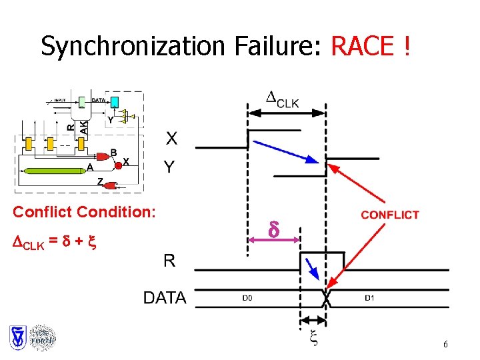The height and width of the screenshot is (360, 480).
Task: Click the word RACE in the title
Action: pos(363,46)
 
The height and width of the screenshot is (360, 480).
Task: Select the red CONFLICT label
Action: pos(390,215)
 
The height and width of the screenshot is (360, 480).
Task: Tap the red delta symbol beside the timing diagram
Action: pos(273,230)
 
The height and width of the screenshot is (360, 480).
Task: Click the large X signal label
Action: pos(171,139)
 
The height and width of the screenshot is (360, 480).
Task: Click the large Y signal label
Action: pos(171,167)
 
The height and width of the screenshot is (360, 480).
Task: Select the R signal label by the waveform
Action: pos(169,260)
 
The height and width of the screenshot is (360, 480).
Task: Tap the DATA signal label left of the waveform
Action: pos(165,298)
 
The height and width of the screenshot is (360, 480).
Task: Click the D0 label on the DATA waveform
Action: pos(247,298)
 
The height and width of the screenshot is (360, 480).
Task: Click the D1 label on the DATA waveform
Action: pos(369,298)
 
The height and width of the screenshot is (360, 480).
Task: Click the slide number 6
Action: pos(445,345)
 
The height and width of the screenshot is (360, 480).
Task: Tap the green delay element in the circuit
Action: pos(56,171)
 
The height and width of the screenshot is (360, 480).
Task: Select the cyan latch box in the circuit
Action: pos(114,101)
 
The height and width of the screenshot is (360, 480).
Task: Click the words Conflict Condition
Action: pos(85,212)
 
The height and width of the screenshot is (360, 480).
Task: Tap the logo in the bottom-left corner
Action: pos(32,338)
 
